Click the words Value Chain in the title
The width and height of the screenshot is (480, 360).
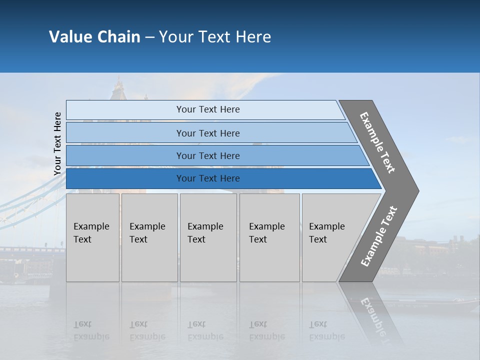[x=94, y=37]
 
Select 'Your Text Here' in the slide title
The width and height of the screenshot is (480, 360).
[x=215, y=37]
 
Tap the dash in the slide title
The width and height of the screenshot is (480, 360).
[x=149, y=37]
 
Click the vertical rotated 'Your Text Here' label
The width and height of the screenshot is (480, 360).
[x=57, y=143]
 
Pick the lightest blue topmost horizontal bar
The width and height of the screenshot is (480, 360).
[x=207, y=109]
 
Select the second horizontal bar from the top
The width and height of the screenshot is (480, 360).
[x=207, y=133]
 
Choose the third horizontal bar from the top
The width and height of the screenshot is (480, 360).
[x=207, y=155]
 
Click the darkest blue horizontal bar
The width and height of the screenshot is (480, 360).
[x=207, y=178]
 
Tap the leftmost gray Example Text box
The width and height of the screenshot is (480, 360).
[x=92, y=237]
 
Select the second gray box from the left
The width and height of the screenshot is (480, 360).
[x=149, y=237]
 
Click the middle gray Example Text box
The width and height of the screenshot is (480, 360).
[x=208, y=237]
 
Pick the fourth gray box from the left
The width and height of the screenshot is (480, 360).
[x=269, y=237]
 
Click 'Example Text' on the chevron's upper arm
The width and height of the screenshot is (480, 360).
[x=377, y=142]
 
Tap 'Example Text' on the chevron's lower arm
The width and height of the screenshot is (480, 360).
[x=379, y=236]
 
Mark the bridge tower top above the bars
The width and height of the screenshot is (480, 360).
[x=118, y=87]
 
